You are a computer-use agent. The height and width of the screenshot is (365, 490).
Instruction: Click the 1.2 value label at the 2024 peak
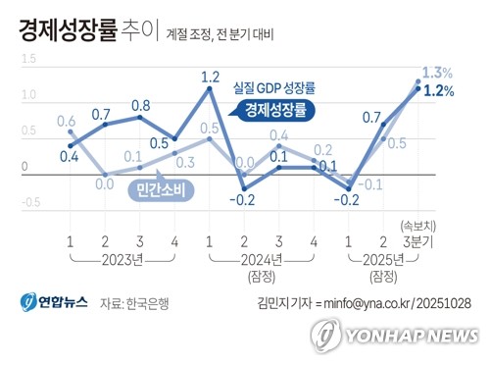(210, 76)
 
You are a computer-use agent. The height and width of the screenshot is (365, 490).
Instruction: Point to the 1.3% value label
(439, 73)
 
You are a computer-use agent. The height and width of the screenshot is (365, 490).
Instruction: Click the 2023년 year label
(122, 260)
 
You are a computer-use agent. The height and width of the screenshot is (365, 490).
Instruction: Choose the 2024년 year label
(261, 260)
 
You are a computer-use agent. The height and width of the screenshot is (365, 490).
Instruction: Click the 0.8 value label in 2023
(140, 105)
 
